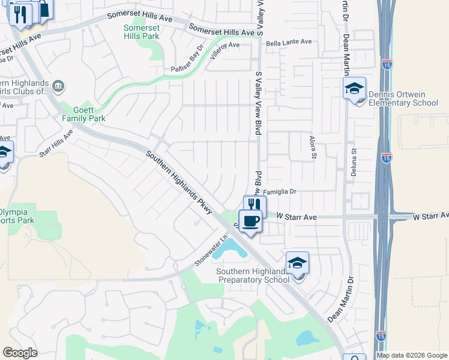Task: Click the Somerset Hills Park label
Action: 142,32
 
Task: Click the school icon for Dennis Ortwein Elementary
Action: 354,89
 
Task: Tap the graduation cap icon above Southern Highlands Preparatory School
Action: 297,263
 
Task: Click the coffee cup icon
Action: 251,221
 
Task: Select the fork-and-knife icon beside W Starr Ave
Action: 254,205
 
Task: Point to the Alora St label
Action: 313,146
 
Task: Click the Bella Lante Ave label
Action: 289,42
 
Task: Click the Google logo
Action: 20,352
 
